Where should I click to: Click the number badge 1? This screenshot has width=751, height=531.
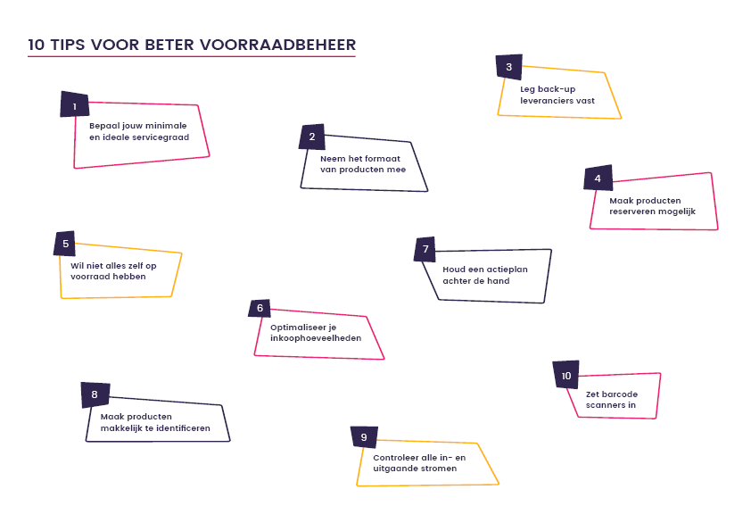pos(75,104)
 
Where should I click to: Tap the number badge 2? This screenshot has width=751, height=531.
pos(312,137)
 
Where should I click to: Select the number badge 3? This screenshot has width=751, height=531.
pos(509,67)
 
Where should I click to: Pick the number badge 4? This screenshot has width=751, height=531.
pos(598,178)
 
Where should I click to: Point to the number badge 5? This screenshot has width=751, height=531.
pos(65,244)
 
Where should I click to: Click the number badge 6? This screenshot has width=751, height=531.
pos(260,308)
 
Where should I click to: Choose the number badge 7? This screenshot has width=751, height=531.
pos(425,249)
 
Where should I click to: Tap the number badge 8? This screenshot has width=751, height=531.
pos(95,394)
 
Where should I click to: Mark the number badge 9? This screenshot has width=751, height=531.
pos(365,437)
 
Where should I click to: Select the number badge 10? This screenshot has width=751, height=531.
pos(566,375)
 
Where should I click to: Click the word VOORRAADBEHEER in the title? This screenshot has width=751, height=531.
pos(277,45)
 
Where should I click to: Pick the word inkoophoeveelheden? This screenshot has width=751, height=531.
pos(316,338)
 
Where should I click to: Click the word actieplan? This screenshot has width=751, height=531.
pos(508,270)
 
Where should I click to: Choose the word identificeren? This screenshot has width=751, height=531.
pos(183,428)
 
